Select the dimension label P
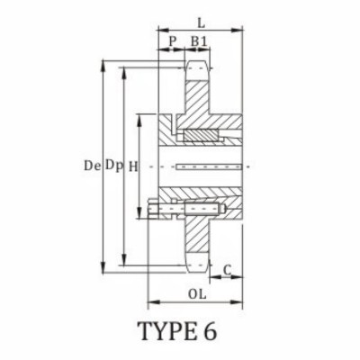point(172,40)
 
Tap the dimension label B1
point(200,40)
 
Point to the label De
point(89,166)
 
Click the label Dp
point(112,166)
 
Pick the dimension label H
point(132,166)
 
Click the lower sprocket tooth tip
point(199,265)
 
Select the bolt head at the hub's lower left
point(153,212)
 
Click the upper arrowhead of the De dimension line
point(102,64)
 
